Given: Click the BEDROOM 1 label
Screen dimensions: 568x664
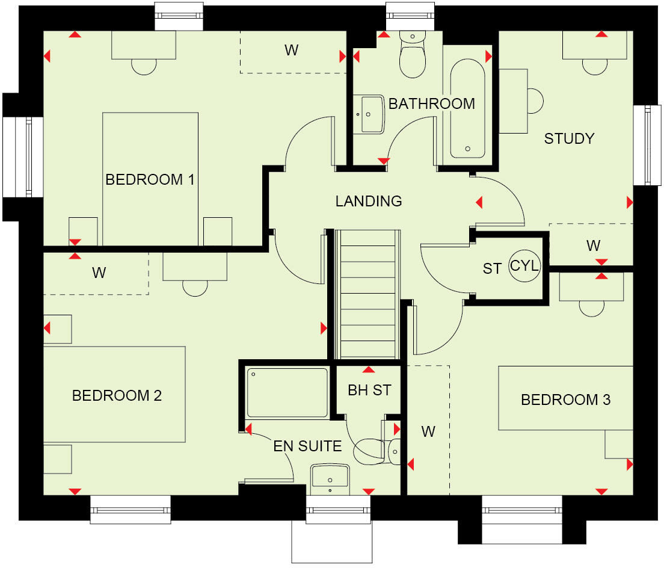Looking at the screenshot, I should pos(150,179).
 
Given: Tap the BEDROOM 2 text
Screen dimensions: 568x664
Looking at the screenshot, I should pos(117,395).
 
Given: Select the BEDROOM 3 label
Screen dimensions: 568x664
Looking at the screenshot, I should pos(565,400).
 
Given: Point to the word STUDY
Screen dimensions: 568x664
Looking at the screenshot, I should pos(569,138).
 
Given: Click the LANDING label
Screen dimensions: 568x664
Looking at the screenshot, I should pos(368,201).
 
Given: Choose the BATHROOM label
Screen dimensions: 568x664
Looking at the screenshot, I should pos(431,103).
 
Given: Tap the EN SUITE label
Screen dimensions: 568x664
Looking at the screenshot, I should pos(307,446).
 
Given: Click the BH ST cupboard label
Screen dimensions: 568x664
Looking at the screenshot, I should pos(369,390).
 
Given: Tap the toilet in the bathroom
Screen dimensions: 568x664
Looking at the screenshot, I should pos(413,57).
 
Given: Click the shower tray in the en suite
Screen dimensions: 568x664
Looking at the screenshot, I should pos(287,393).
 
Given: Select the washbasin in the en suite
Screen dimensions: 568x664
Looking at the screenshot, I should pos(330,477).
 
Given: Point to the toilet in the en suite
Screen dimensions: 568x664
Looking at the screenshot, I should pos(379,450).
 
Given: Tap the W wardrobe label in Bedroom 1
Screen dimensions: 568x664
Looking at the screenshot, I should pos(291,51).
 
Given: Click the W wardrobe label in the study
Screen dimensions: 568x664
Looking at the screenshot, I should pos(593,245).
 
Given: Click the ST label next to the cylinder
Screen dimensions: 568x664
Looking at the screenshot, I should pos(492,268).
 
